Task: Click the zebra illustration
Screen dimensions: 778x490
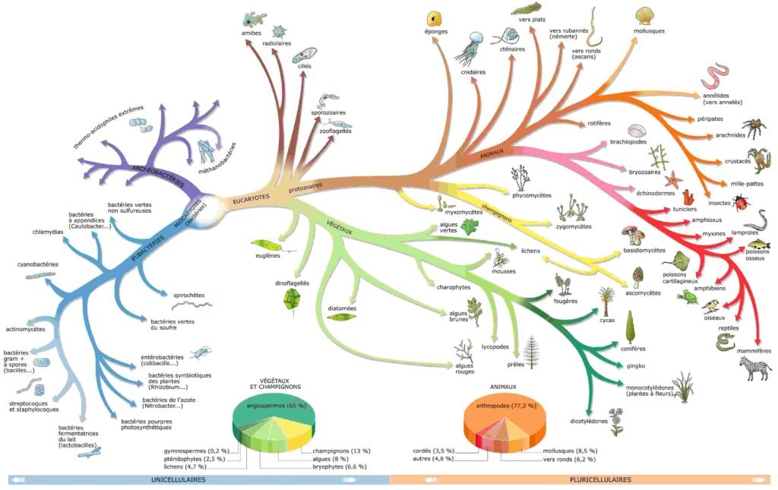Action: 755,368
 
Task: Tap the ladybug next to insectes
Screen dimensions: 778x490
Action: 742,202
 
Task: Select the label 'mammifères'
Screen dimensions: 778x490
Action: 754,351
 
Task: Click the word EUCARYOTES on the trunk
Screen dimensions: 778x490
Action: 251,198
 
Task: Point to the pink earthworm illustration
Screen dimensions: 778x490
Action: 715,76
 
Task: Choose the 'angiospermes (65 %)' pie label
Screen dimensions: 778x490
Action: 276,405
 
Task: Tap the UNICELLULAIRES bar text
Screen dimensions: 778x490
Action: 178,479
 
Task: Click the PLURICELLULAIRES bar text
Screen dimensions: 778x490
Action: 601,479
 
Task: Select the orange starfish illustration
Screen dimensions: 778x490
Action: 674,179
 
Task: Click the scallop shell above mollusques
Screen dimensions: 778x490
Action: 644,16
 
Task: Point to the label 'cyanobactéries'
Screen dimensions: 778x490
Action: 38,264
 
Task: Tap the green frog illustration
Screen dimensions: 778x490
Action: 688,297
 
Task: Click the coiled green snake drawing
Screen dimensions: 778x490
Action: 726,342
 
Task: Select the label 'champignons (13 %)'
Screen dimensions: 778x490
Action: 341,450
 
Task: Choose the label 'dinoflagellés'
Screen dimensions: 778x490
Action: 293,283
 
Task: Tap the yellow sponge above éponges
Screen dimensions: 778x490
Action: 434,19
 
